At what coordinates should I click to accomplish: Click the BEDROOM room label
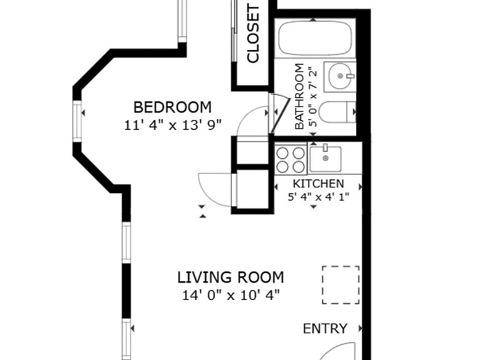172,107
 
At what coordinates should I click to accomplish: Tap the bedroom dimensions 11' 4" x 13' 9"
172,125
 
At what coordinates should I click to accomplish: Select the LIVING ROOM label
231,277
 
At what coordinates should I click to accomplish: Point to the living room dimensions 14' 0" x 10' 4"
231,296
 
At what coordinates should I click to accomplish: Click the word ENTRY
325,329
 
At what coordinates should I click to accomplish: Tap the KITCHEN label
318,184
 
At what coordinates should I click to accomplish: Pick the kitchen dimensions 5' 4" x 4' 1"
318,197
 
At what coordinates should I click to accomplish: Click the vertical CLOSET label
253,33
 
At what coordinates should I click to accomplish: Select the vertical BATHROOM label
299,96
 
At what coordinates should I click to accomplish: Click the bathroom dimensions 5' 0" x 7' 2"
312,97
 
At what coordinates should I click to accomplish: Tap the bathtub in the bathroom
315,38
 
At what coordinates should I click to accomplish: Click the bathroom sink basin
341,76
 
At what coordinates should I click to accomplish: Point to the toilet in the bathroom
337,112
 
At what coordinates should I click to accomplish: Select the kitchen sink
325,159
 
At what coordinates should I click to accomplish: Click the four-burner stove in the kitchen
291,159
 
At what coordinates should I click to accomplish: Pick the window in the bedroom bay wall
77,121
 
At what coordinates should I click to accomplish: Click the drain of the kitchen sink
326,158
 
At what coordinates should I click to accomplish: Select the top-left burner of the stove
282,152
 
